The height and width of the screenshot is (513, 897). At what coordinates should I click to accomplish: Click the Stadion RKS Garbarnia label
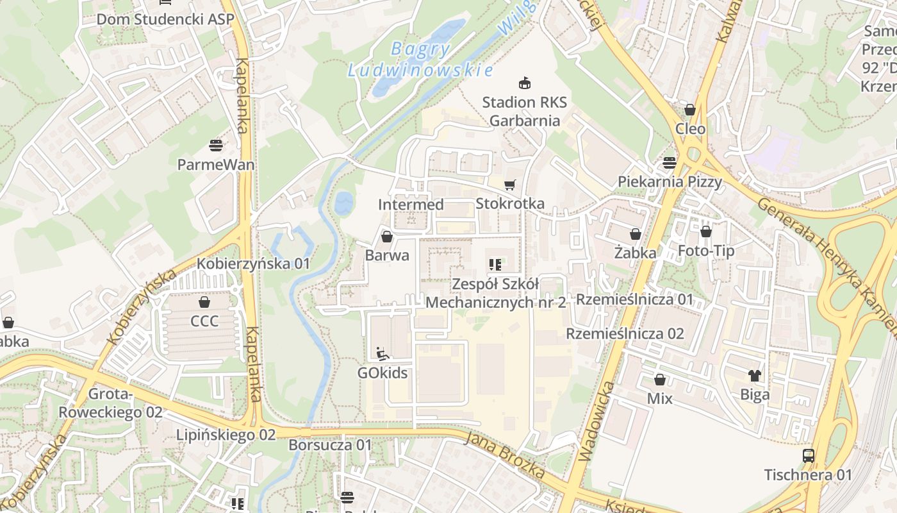click(x=524, y=111)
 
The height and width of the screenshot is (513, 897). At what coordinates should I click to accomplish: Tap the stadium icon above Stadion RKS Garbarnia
click(x=524, y=83)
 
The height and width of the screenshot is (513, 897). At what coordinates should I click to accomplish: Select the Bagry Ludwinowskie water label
click(x=421, y=59)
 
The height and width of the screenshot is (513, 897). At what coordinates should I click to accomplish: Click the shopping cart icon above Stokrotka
click(x=510, y=185)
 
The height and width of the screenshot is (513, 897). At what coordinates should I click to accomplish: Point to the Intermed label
click(x=411, y=205)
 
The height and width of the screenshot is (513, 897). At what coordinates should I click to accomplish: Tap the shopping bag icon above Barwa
click(x=387, y=237)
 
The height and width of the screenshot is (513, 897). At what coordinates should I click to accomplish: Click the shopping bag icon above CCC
click(x=204, y=302)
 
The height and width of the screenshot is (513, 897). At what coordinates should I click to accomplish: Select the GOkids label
click(x=383, y=373)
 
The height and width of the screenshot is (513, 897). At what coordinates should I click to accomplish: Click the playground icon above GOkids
click(x=383, y=353)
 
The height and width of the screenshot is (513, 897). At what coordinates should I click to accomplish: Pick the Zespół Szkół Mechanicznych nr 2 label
click(x=496, y=293)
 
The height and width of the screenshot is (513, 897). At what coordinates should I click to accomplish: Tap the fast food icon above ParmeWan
click(x=216, y=145)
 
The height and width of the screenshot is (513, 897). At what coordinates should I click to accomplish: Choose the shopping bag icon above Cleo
click(x=690, y=110)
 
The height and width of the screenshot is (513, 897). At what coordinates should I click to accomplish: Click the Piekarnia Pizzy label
click(x=670, y=181)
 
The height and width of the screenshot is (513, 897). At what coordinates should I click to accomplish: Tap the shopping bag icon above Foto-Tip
click(x=706, y=231)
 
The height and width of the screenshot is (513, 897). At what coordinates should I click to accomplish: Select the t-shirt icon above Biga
click(x=755, y=376)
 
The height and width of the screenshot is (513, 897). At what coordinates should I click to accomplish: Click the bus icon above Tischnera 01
click(x=809, y=456)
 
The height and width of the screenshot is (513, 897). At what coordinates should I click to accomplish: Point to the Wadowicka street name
click(x=596, y=421)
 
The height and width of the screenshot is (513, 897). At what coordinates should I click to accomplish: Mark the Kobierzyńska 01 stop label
click(x=253, y=264)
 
